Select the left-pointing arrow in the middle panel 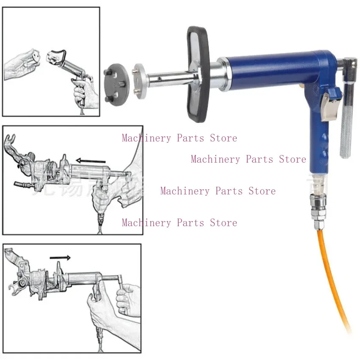coord(91,161)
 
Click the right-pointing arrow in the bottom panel coord(60,257)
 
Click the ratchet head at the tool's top coord(350,64)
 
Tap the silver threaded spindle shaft coord(169,78)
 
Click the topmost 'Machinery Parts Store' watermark coord(179,138)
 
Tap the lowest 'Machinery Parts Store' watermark coord(179,223)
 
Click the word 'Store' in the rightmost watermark coord(292,159)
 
